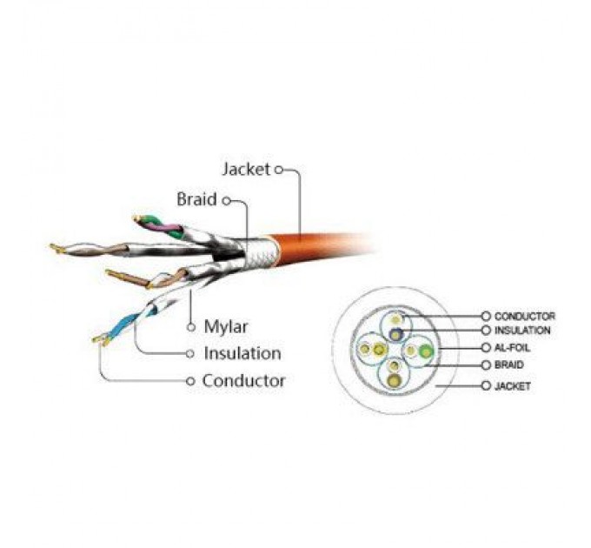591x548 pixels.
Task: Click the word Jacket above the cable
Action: pyautogui.click(x=246, y=170)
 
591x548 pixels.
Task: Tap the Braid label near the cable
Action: pyautogui.click(x=196, y=199)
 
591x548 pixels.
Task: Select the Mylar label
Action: pyautogui.click(x=226, y=326)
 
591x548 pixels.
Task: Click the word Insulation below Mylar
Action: pyautogui.click(x=242, y=353)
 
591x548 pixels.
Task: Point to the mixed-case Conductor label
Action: pyautogui.click(x=243, y=380)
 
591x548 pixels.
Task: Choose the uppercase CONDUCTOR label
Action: pyautogui.click(x=525, y=316)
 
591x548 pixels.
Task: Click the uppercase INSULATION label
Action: pyautogui.click(x=522, y=331)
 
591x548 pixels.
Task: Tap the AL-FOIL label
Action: pyautogui.click(x=512, y=347)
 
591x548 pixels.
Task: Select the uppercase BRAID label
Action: pyautogui.click(x=508, y=364)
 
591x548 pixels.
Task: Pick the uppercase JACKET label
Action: pyautogui.click(x=513, y=386)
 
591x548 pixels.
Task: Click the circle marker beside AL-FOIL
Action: pyautogui.click(x=486, y=347)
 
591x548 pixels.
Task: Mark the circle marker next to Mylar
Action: pyautogui.click(x=191, y=327)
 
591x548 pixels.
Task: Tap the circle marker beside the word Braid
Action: pyautogui.click(x=226, y=201)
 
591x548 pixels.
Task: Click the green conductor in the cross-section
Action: pyautogui.click(x=426, y=351)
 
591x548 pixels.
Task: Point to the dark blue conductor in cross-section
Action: pyautogui.click(x=395, y=334)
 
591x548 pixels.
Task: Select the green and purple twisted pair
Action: pyautogui.click(x=160, y=226)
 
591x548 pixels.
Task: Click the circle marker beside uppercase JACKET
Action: pyautogui.click(x=486, y=385)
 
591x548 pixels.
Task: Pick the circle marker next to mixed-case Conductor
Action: pyautogui.click(x=190, y=381)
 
